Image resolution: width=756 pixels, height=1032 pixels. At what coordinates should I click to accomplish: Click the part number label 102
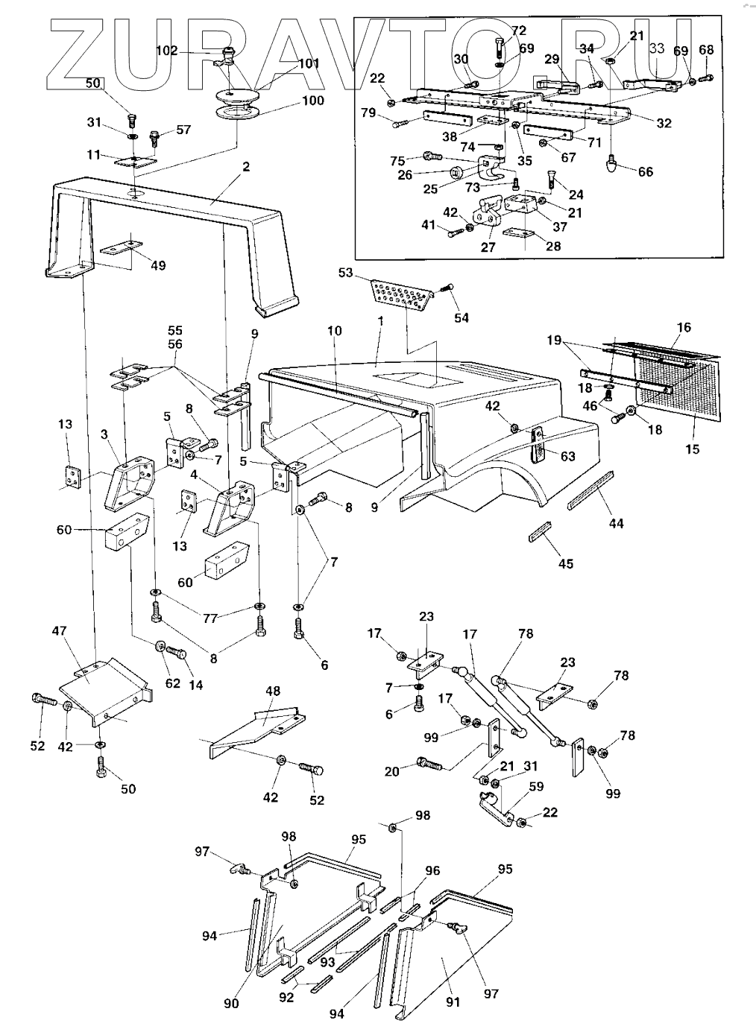[x=166, y=51]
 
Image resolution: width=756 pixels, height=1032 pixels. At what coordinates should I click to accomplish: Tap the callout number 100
[x=313, y=101]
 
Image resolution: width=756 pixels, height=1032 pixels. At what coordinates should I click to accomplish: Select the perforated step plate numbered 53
[x=400, y=294]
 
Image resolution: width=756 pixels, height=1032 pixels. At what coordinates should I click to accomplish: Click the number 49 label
[x=158, y=265]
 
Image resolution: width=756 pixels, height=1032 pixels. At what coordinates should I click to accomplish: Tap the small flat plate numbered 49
[x=122, y=247]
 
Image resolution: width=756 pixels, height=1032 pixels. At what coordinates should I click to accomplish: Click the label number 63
[x=568, y=456]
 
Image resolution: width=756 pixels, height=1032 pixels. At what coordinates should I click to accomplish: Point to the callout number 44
[x=617, y=523]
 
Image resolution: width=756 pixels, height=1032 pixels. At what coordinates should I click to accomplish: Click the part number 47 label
[x=60, y=630]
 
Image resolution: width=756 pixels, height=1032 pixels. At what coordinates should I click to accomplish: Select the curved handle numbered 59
[x=496, y=808]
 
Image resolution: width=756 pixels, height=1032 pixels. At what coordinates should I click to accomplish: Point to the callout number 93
[x=327, y=962]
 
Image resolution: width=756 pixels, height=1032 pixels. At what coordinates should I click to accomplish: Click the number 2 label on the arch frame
[x=246, y=167]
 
